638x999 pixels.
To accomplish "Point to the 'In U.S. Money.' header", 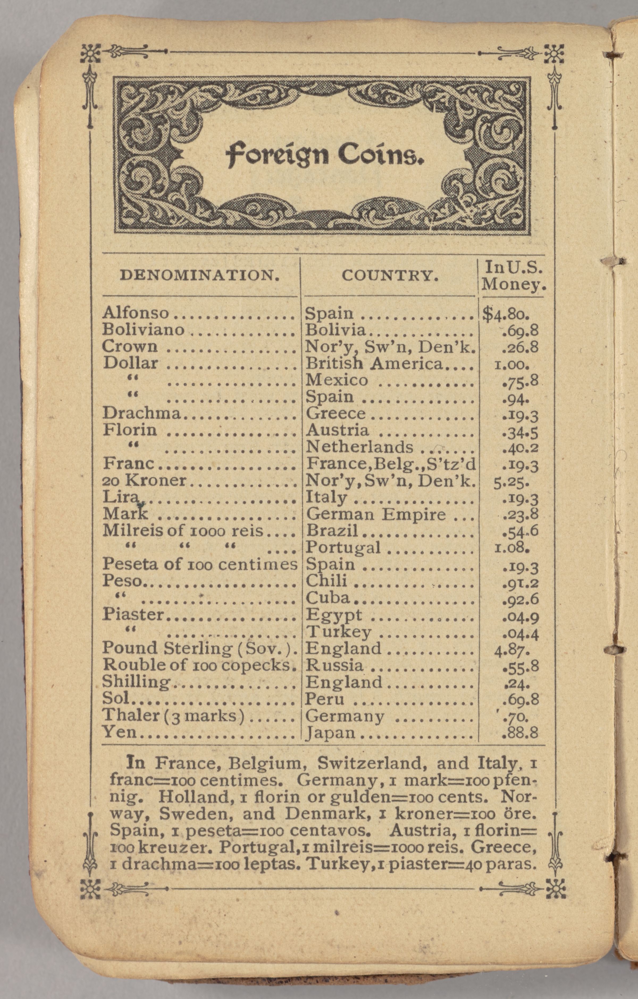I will point(514,276).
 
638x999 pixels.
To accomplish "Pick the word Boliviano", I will point(143,330).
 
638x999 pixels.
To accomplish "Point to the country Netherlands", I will point(359,447).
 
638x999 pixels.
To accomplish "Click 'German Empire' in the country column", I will point(376,515).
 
